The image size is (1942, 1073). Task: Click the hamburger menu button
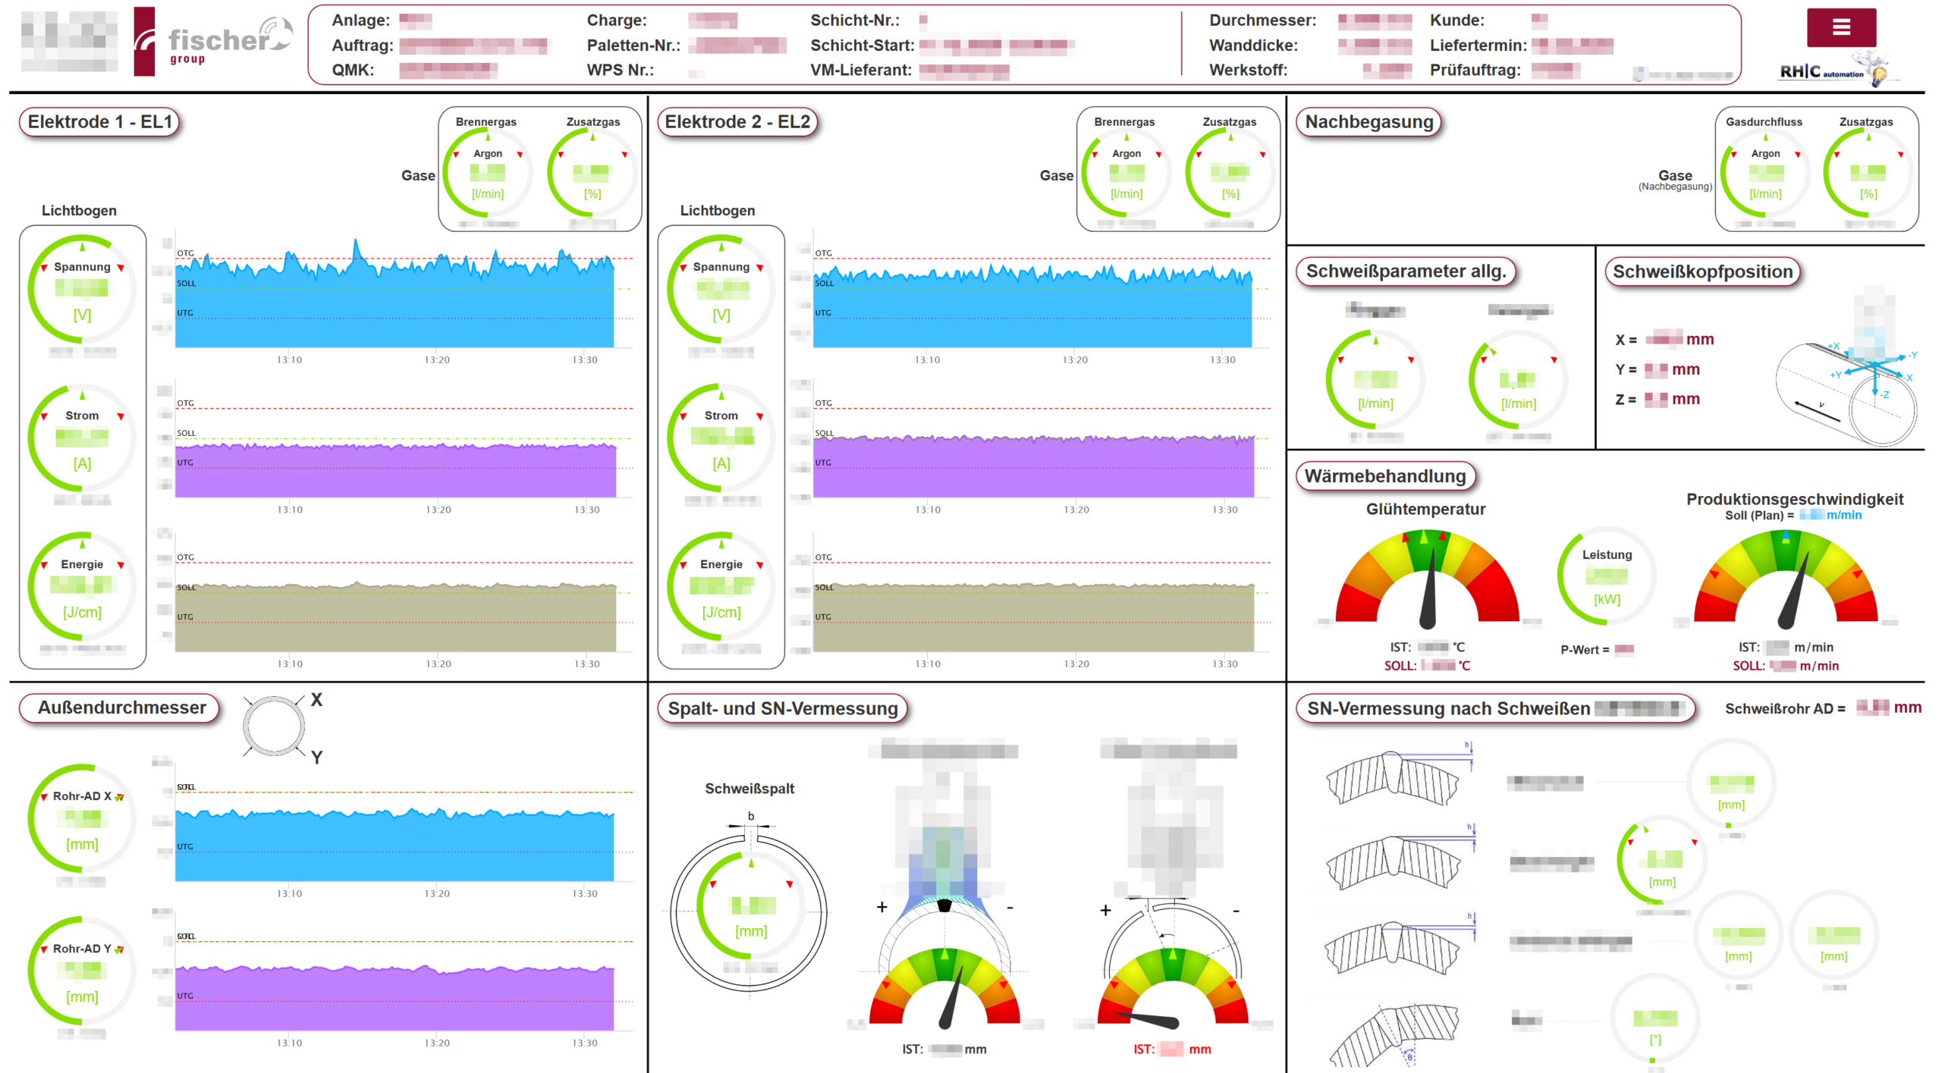coord(1840,28)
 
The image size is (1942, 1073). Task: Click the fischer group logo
coord(213,42)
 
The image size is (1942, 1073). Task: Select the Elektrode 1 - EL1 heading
coord(99,122)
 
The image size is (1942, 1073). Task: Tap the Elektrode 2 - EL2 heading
coord(737,122)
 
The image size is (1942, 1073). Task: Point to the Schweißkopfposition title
coord(1702,271)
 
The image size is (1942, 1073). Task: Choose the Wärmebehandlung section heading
coord(1384,476)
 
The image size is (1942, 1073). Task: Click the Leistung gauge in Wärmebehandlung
coord(1606,576)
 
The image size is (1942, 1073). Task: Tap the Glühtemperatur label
coord(1425,510)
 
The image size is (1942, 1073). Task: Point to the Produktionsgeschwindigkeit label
coord(1794,499)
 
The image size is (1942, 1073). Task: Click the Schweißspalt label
coord(749,789)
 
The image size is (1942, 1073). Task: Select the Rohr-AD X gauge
coord(82,818)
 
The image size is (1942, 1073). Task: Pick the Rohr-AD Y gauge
coord(82,971)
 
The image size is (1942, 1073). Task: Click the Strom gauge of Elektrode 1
coord(82,438)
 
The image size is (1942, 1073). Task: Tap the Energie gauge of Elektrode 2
coord(721,586)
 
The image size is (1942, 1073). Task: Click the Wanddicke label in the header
coord(1252,45)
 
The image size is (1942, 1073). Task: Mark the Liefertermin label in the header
coord(1478,45)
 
